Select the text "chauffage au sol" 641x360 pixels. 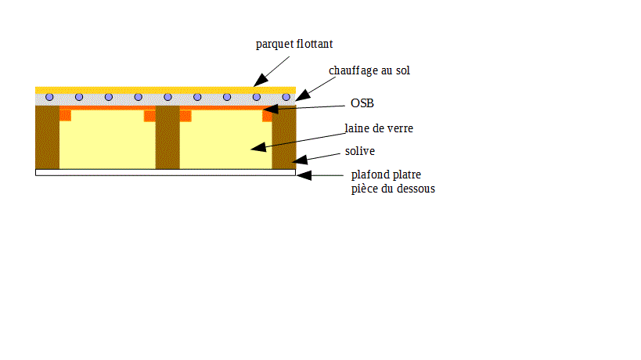[x=369, y=70]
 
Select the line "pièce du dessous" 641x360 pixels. [x=393, y=189]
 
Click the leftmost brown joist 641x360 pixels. [x=48, y=137]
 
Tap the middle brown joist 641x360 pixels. [x=167, y=137]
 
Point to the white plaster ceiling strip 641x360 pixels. [x=165, y=172]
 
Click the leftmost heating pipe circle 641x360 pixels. [x=49, y=97]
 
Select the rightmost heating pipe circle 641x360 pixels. [x=286, y=97]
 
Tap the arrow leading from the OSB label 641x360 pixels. [x=305, y=107]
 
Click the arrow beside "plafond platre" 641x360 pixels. [x=321, y=175]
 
